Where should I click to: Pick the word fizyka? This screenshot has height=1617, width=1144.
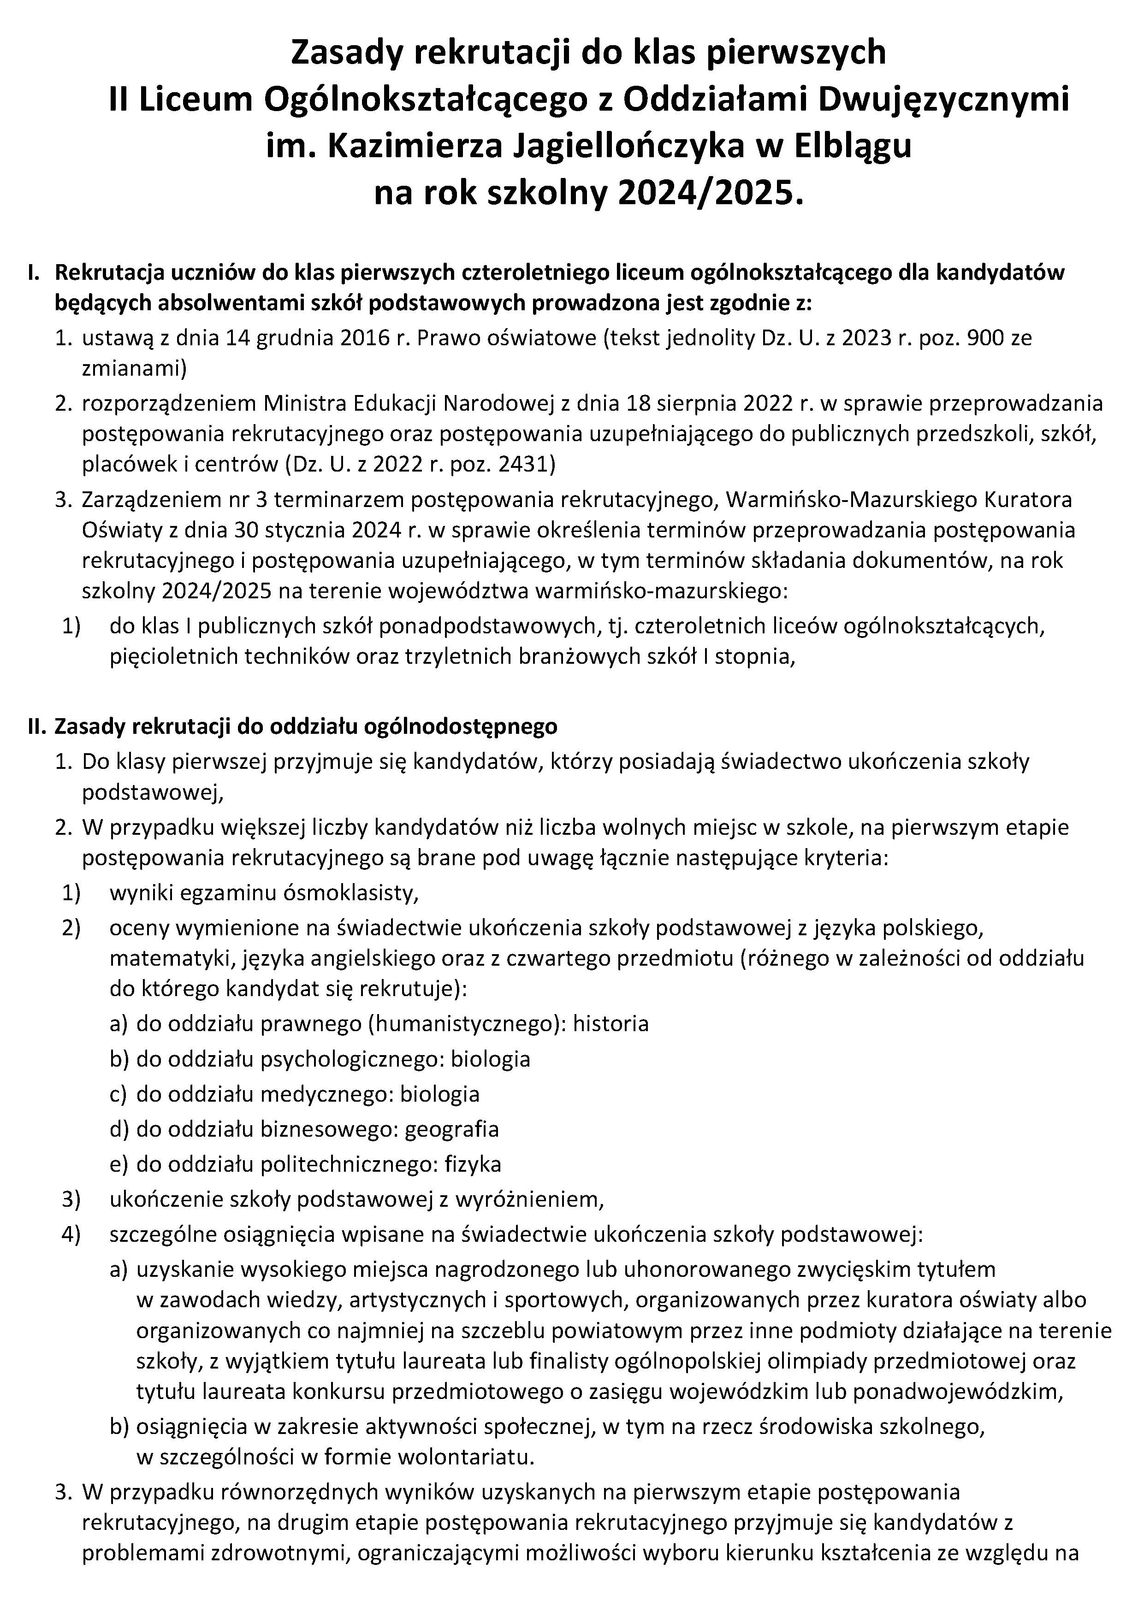473,1164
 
